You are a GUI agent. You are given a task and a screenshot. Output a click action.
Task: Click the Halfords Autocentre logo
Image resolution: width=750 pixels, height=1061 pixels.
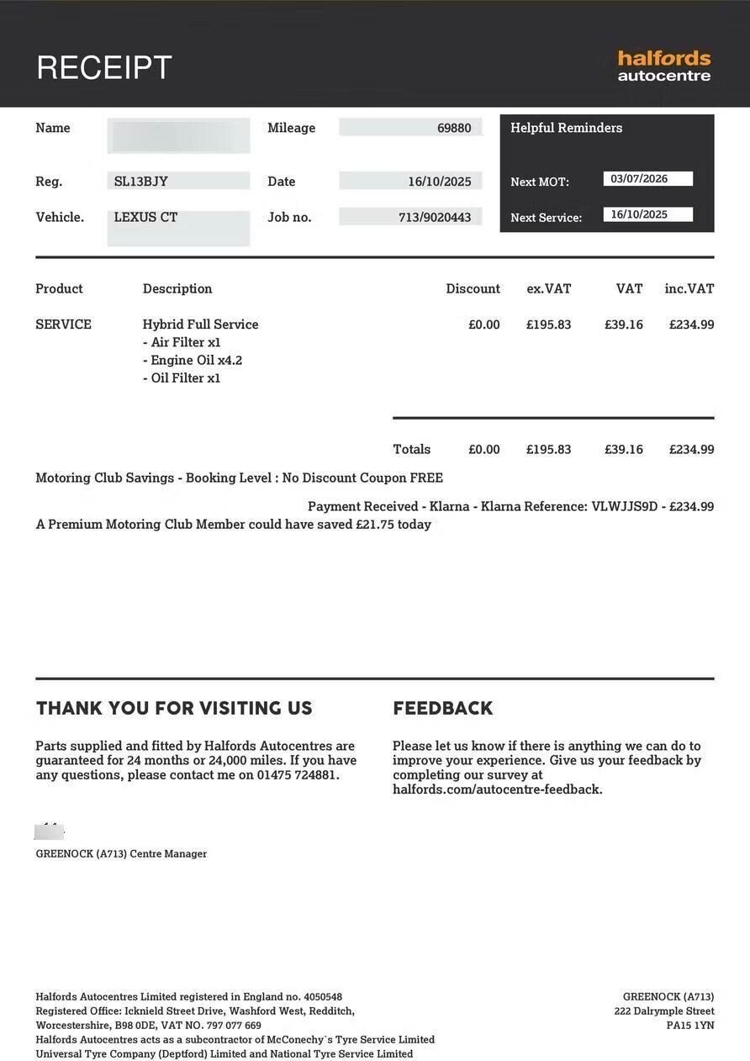[663, 66]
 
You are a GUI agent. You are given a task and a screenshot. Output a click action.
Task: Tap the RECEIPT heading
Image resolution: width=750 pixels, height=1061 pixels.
[104, 67]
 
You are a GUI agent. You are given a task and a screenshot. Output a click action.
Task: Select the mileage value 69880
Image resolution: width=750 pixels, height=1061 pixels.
[454, 128]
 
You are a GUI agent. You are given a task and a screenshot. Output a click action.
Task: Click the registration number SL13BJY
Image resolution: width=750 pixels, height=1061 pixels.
[141, 181]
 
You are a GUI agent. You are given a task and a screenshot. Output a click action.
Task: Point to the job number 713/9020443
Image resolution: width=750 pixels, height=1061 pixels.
[435, 217]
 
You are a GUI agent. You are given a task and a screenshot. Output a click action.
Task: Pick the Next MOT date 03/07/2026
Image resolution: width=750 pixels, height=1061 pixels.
[639, 178]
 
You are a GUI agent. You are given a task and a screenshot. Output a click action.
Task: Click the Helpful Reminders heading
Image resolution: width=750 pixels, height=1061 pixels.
[566, 128]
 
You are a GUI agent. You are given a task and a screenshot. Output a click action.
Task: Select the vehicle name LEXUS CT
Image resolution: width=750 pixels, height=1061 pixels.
[145, 217]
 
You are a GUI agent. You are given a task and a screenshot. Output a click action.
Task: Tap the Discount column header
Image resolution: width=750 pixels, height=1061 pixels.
[473, 288]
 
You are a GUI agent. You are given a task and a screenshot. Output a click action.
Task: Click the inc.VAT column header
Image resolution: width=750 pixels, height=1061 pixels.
[689, 288]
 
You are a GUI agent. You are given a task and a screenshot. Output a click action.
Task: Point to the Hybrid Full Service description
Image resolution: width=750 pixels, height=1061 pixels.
[200, 325]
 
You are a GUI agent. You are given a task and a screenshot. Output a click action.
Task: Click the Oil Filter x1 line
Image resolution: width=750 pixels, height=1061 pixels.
[182, 378]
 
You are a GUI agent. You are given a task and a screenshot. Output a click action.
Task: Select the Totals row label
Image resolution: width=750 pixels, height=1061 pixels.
[411, 449]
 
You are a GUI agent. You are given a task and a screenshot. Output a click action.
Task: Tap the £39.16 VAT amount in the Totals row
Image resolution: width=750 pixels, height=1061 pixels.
[623, 449]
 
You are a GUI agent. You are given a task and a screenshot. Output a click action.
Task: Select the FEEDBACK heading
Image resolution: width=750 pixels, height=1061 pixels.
[442, 708]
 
